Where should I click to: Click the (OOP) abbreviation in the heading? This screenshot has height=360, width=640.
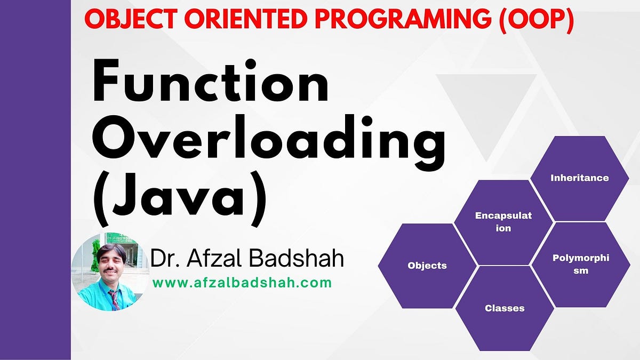tap(537, 20)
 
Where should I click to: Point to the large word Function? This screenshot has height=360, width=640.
tap(211, 81)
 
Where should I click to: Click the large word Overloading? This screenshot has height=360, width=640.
tap(269, 142)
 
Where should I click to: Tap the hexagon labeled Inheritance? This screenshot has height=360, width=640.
tap(579, 178)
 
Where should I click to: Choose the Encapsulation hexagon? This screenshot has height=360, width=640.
tap(503, 222)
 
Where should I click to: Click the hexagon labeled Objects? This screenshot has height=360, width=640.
tap(427, 266)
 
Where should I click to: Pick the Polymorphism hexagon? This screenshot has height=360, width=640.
tap(581, 265)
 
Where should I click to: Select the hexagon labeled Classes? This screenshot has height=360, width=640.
tap(505, 309)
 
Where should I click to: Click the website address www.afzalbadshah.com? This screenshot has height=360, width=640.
tap(242, 283)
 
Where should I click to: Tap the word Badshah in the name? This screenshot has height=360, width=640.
tap(297, 258)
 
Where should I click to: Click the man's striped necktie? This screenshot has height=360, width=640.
tap(114, 299)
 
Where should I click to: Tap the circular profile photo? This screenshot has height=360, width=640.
tap(110, 271)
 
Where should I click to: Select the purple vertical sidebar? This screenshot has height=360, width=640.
tap(35, 180)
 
